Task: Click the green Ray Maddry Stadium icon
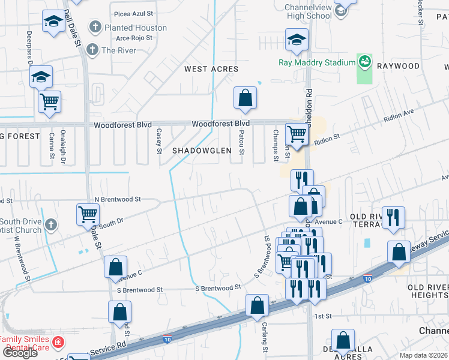pyautogui.click(x=364, y=62)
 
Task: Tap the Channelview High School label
pyautogui.click(x=308, y=11)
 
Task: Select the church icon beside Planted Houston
pyautogui.click(x=95, y=27)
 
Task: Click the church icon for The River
pyautogui.click(x=92, y=50)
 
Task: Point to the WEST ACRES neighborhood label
pyautogui.click(x=211, y=69)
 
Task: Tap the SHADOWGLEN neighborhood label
pyautogui.click(x=202, y=151)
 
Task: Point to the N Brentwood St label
pyautogui.click(x=118, y=199)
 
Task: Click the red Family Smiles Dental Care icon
pyautogui.click(x=58, y=343)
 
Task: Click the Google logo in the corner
pyautogui.click(x=19, y=353)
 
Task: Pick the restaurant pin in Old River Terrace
pyautogui.click(x=393, y=218)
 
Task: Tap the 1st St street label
pyautogui.click(x=323, y=316)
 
